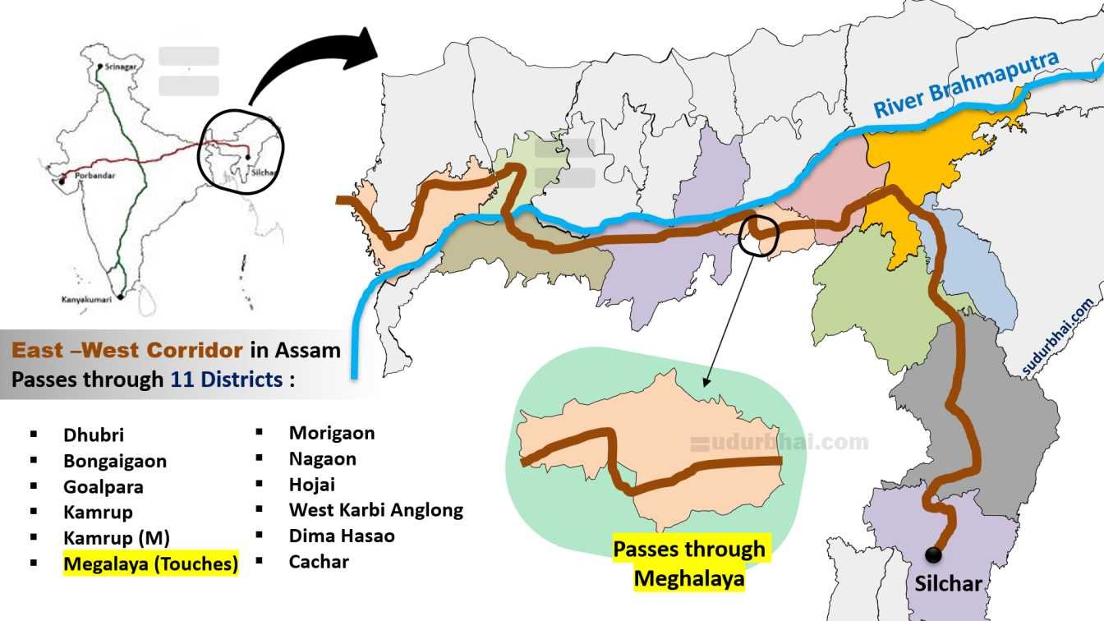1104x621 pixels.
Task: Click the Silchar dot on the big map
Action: tap(932, 555)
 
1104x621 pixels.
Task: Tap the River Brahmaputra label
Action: tap(966, 85)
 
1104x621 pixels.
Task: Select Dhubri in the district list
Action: tap(94, 435)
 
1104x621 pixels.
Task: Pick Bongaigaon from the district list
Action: tap(115, 461)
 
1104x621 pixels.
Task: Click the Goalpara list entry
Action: tap(103, 487)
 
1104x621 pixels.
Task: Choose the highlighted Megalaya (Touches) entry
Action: tap(151, 564)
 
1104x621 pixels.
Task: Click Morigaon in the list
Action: tap(332, 433)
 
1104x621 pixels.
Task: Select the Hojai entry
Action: tap(312, 485)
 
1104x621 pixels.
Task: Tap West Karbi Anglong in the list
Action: tap(376, 510)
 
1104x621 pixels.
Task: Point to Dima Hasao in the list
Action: tap(342, 536)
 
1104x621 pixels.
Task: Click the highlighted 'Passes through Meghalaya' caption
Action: tap(689, 563)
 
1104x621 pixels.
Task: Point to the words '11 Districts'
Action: tap(226, 379)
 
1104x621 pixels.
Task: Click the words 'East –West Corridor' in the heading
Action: tap(127, 351)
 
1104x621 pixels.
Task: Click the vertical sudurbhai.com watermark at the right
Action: tap(1059, 338)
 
